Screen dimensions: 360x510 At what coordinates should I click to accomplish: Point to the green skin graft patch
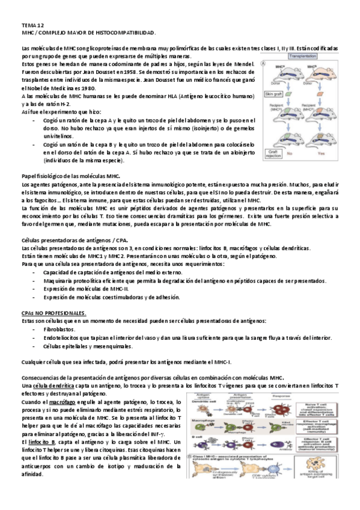click(288, 94)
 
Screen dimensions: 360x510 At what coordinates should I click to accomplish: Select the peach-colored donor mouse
click(323, 72)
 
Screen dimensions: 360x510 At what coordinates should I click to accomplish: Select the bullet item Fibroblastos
click(59, 330)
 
